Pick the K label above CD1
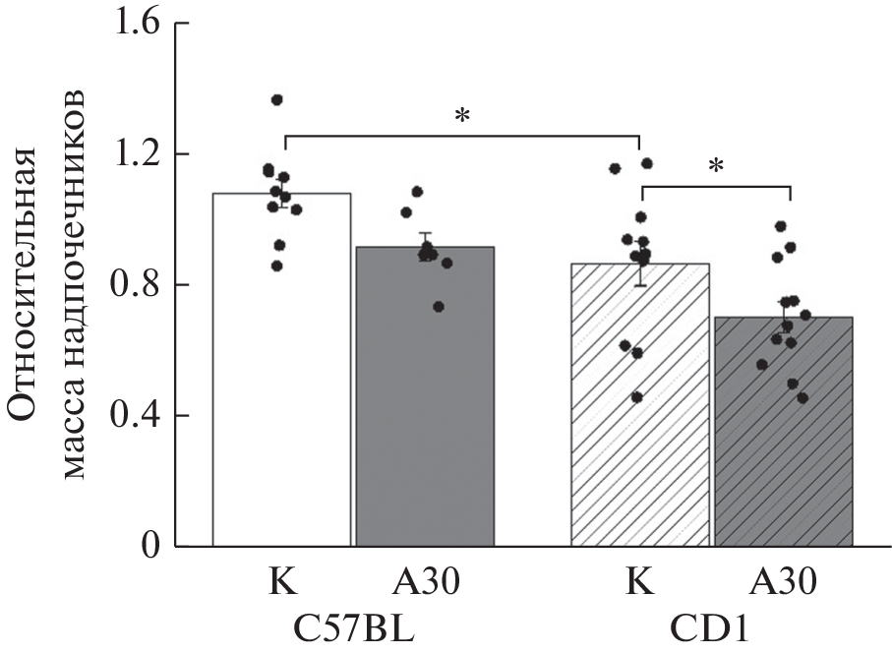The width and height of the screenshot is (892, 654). (640, 583)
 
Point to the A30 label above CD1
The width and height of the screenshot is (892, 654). (784, 583)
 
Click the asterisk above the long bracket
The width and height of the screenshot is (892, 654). (461, 117)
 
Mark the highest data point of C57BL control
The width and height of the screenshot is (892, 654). (277, 100)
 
